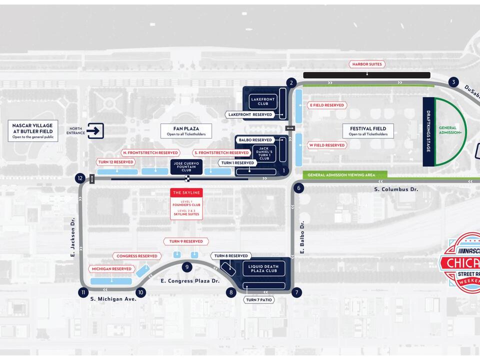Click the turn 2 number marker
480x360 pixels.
(291, 82)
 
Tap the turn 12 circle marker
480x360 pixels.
(80, 178)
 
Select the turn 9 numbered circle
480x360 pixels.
(187, 267)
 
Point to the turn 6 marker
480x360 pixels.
(298, 188)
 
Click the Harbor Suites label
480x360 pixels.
(367, 64)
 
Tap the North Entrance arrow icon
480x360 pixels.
(95, 131)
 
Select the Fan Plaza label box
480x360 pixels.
(186, 131)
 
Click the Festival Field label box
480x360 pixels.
(367, 131)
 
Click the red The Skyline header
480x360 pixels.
(186, 192)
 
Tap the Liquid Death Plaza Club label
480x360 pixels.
(263, 268)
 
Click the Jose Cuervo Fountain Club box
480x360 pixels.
(186, 166)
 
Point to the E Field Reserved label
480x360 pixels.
(327, 105)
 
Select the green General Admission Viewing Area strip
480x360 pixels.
(345, 175)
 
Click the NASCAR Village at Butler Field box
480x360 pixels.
(33, 130)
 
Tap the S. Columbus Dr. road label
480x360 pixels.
(396, 189)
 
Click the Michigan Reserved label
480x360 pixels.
(111, 269)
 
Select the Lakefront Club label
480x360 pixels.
(263, 101)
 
